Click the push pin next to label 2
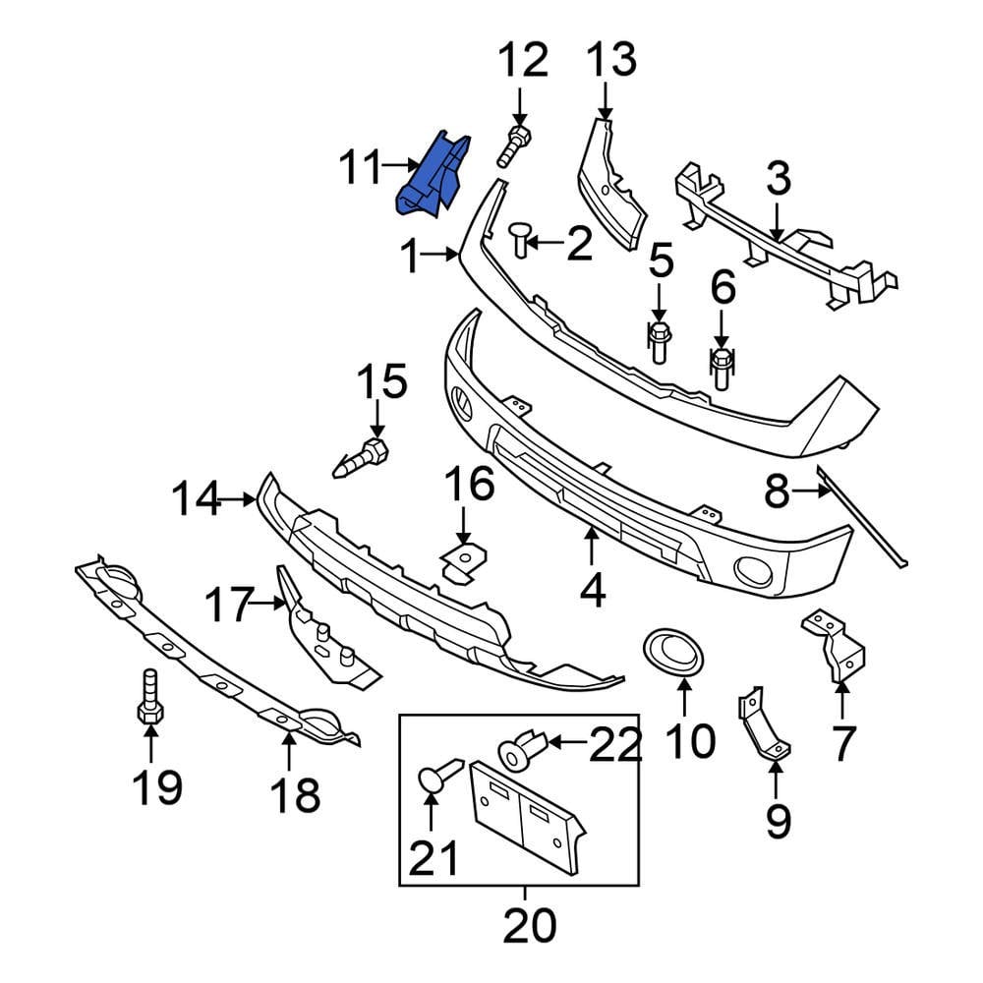pyautogui.click(x=521, y=238)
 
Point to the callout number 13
pyautogui.click(x=612, y=64)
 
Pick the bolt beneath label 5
pyautogui.click(x=660, y=341)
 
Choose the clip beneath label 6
pyautogui.click(x=722, y=367)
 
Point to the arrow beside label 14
pyautogui.click(x=237, y=500)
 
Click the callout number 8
pyautogui.click(x=777, y=491)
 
